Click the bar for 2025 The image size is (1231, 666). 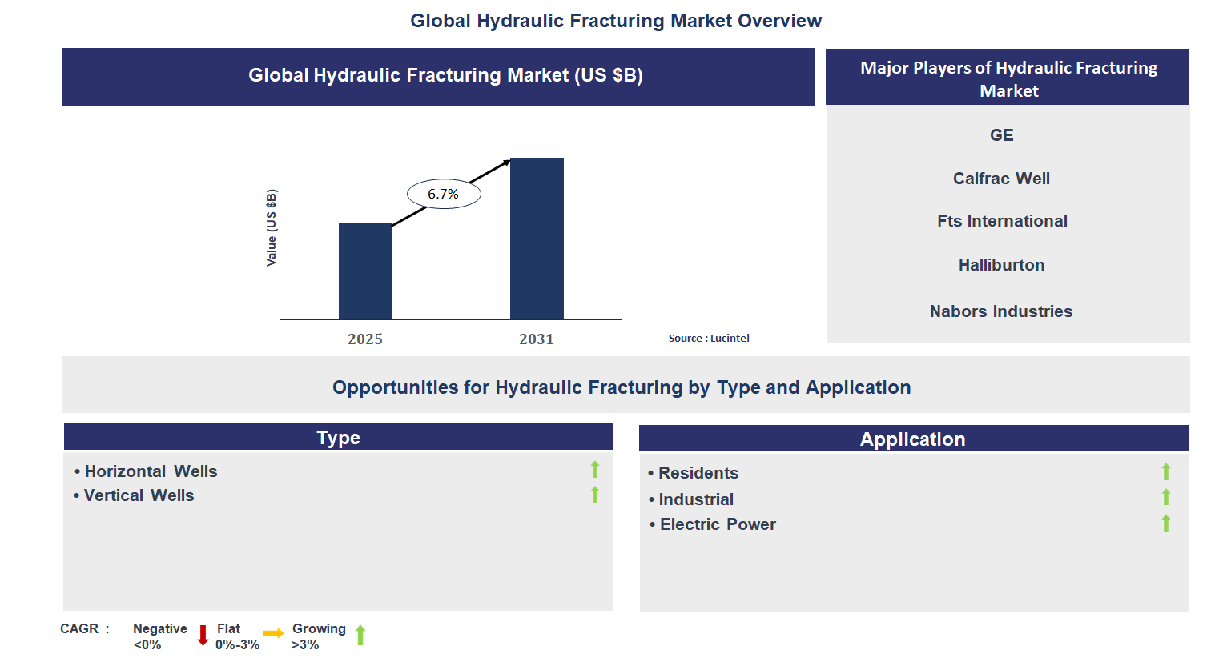tap(365, 271)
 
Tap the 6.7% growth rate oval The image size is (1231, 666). tap(444, 194)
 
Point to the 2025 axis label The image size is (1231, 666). tap(365, 339)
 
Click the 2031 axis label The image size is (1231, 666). tap(537, 339)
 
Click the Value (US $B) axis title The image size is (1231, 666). tap(272, 228)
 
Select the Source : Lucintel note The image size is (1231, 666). tap(709, 339)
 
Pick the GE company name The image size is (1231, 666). tap(1001, 135)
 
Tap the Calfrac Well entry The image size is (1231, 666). tap(1001, 179)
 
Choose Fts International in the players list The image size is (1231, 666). tap(1002, 221)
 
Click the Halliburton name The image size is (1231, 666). tap(1001, 265)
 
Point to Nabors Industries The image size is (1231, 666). tap(1001, 311)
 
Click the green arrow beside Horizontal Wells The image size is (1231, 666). tap(595, 470)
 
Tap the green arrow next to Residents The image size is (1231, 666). tap(1166, 472)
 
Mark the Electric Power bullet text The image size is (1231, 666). tap(718, 524)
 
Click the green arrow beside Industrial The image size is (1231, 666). tap(1166, 498)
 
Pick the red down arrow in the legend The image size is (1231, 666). tap(203, 636)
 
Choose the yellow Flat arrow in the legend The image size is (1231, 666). tap(274, 633)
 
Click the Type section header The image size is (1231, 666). tap(338, 438)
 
